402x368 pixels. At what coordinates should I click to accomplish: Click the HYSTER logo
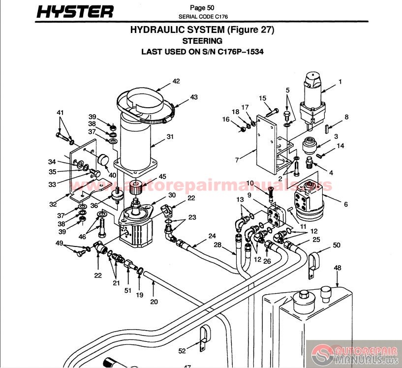[x=76, y=11]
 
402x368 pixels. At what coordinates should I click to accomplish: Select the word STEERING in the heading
[x=202, y=41]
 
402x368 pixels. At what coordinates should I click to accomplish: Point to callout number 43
[x=194, y=97]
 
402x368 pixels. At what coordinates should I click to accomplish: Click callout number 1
[x=340, y=81]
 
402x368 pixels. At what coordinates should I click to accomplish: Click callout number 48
[x=338, y=268]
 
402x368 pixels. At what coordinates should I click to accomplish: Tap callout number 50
[x=337, y=245]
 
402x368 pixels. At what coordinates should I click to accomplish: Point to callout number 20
[x=154, y=302]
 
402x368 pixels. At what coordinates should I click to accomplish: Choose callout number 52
[x=183, y=351]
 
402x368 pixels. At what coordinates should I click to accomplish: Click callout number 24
[x=212, y=236]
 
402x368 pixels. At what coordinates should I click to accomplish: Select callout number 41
[x=61, y=113]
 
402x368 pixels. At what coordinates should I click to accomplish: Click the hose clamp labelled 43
[x=157, y=118]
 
